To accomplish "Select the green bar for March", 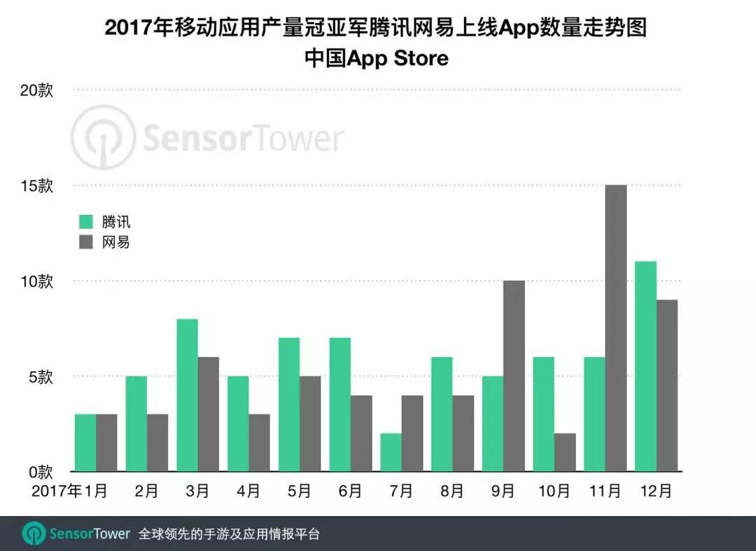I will (x=188, y=395).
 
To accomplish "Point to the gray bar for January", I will (x=106, y=442).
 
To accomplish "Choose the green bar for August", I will (x=442, y=414).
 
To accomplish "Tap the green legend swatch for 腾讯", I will (x=86, y=223).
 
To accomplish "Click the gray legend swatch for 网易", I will (x=86, y=242).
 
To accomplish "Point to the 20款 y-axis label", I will (x=36, y=91).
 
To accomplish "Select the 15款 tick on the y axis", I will (x=36, y=186).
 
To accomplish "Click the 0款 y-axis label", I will (x=40, y=470).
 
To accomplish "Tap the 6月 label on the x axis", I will (x=350, y=491).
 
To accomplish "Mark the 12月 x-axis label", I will (x=655, y=491).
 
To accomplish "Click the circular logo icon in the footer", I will (x=34, y=534).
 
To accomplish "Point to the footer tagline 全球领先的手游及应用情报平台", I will (x=230, y=534).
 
